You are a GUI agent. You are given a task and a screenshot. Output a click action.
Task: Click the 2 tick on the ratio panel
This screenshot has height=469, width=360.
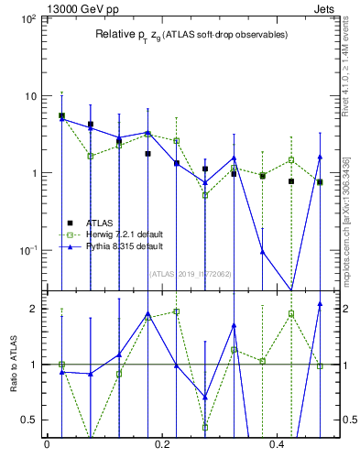click(34, 309)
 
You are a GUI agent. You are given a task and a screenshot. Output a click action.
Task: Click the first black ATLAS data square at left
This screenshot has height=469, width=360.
click(61, 116)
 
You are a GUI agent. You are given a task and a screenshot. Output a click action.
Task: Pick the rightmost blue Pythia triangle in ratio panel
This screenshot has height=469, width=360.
click(320, 304)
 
